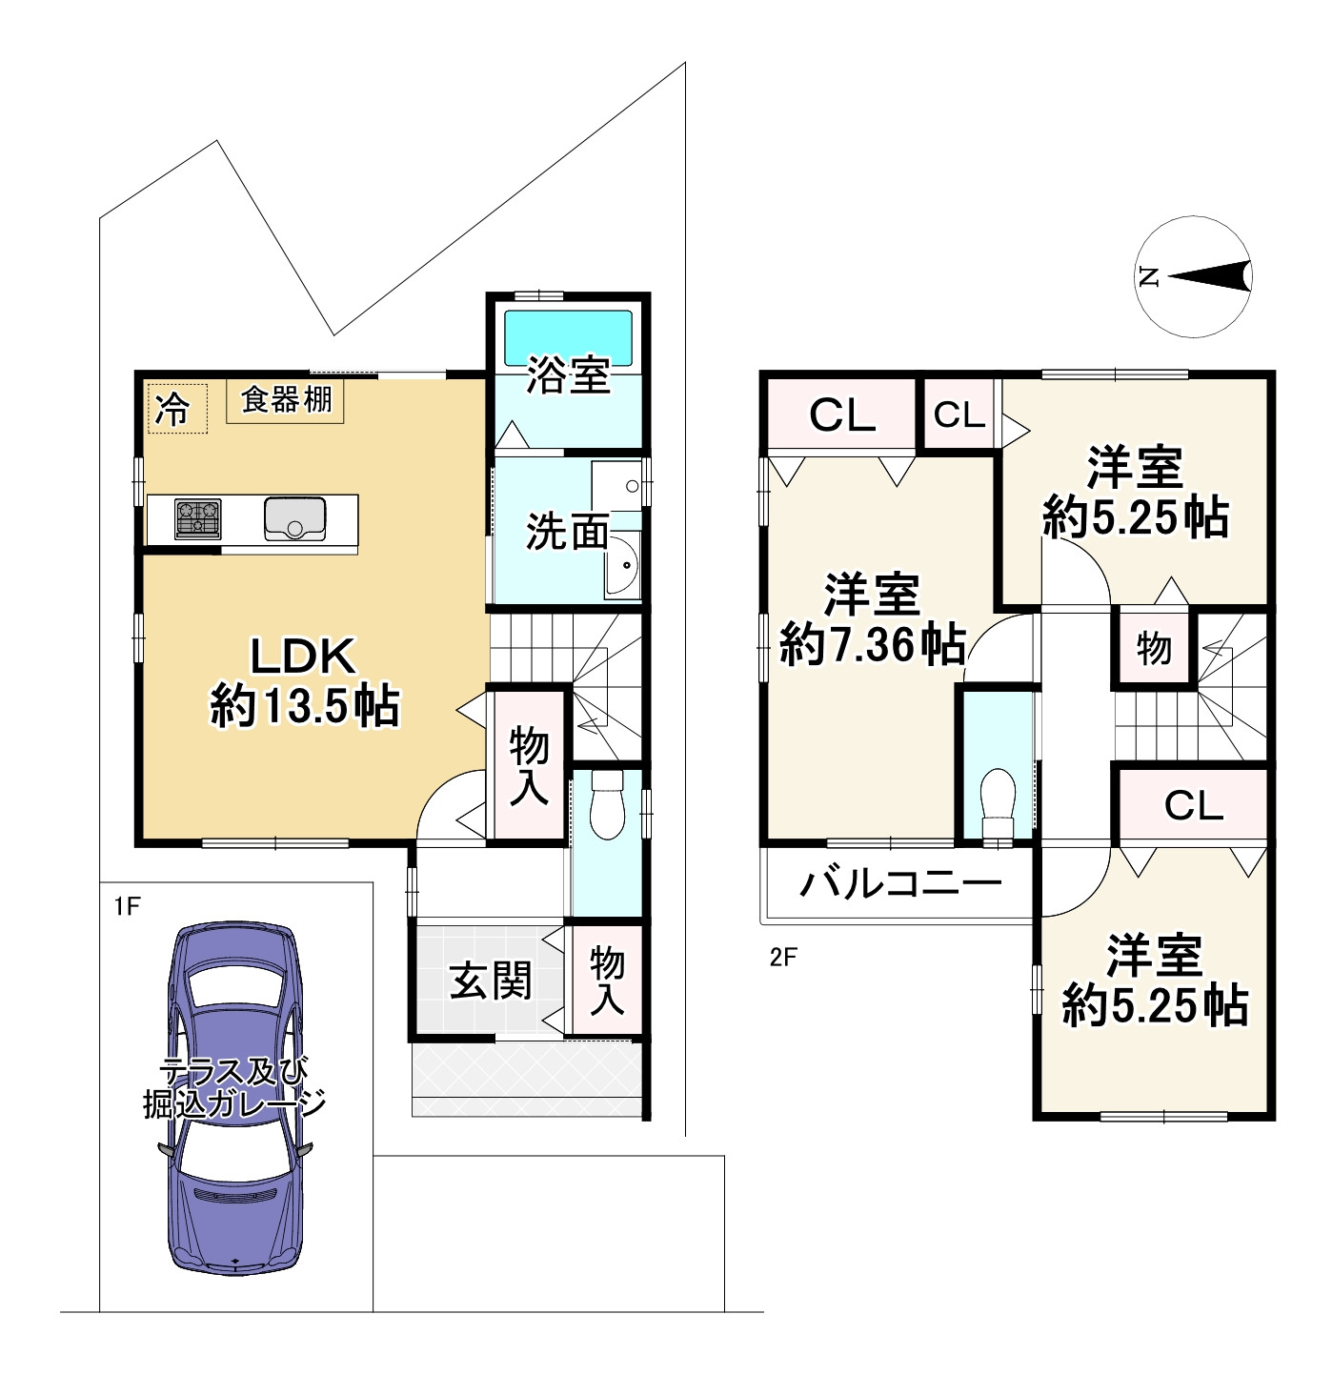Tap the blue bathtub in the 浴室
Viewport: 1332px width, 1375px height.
click(568, 337)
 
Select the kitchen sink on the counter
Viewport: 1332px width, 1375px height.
click(294, 519)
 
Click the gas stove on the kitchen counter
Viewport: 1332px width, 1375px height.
click(198, 519)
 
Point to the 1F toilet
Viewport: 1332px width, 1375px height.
click(606, 804)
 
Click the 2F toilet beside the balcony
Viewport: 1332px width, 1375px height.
click(998, 805)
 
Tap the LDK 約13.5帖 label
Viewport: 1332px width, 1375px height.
click(304, 681)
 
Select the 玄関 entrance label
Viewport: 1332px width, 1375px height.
click(491, 981)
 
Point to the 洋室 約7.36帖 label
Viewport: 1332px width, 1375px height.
click(872, 619)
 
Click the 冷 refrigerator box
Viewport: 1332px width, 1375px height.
click(177, 409)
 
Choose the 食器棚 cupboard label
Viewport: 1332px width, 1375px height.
click(286, 400)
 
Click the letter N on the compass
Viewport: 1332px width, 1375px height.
click(1149, 276)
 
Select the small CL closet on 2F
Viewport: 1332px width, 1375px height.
click(959, 415)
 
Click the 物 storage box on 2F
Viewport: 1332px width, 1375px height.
click(1153, 647)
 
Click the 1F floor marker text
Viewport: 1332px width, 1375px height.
click(127, 906)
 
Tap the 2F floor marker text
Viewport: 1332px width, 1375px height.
click(783, 958)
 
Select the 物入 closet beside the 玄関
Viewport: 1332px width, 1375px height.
click(606, 980)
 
